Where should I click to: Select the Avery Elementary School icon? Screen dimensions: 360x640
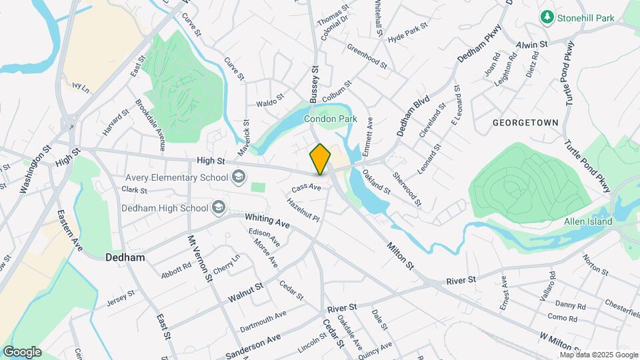238,178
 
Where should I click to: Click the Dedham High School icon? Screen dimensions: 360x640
218,208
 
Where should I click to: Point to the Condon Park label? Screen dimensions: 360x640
331,119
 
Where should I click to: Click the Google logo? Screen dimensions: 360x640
22,352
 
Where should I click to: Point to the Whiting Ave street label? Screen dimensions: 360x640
267,221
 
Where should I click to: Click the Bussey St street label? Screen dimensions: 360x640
315,85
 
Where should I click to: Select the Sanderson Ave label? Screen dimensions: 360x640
253,346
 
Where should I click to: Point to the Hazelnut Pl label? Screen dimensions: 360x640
303,209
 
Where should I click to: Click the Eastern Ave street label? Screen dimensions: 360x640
69,230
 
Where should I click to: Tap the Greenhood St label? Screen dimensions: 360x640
367,56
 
